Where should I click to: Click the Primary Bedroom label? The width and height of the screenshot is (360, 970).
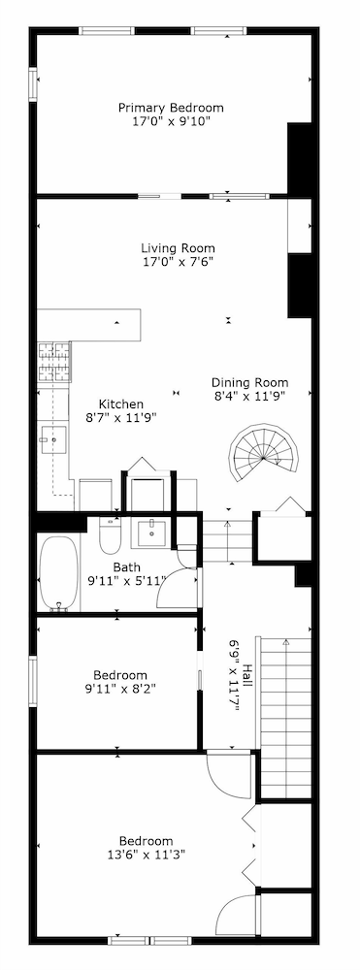click(171, 108)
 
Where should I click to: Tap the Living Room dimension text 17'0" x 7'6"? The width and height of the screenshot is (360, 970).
click(178, 262)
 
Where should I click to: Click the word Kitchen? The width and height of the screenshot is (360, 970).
click(121, 404)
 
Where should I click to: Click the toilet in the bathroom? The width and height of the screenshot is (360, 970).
click(108, 534)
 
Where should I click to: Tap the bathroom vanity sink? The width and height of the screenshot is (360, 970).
click(151, 533)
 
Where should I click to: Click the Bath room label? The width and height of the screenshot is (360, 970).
click(126, 566)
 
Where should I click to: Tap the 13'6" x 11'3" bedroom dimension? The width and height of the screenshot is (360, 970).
click(146, 855)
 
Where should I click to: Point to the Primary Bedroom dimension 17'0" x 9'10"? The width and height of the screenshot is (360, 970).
click(171, 122)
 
